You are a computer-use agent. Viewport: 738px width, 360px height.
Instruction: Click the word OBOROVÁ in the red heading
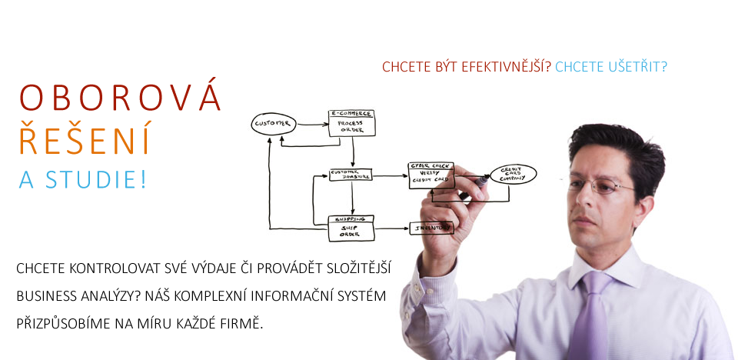120,99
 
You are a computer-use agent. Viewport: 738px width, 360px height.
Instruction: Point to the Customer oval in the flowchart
273,123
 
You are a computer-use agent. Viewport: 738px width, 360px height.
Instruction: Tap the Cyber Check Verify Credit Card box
430,175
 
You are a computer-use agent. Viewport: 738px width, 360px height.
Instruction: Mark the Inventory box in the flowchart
430,228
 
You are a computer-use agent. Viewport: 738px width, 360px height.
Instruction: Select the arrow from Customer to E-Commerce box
311,122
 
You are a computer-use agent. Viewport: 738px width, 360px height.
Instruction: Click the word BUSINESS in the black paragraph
45,295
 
